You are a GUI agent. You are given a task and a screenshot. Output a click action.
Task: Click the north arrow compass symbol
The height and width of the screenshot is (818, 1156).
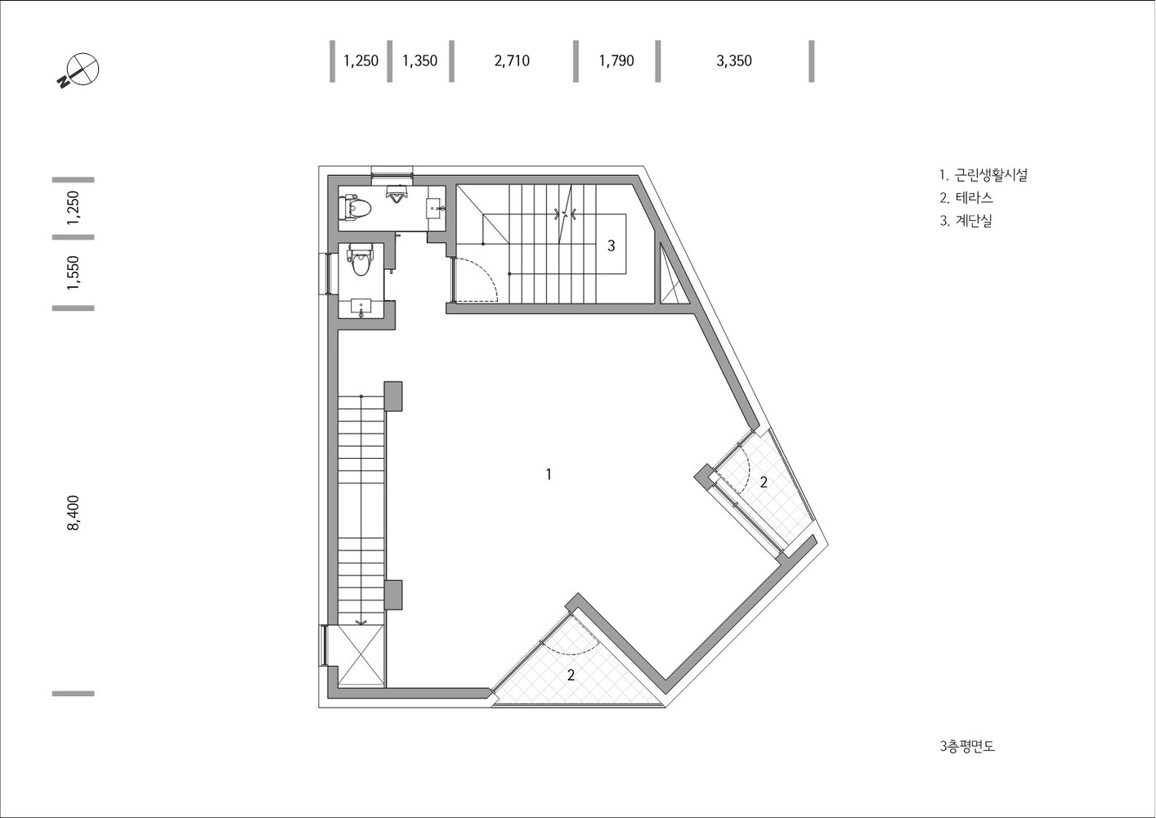coord(79,70)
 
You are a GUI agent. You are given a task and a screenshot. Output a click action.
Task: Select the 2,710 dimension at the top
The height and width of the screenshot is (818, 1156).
coord(512,61)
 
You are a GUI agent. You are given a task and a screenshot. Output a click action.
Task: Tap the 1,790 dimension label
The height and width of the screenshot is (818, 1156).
coord(616,61)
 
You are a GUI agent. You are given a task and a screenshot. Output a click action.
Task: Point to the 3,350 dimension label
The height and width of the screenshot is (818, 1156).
coord(733,61)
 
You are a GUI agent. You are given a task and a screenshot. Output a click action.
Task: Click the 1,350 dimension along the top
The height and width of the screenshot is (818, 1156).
coord(419,61)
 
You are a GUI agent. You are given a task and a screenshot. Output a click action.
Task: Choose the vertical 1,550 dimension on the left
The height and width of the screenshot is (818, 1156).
coord(74,272)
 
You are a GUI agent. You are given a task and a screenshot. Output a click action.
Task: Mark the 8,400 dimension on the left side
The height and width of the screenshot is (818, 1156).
coord(74,513)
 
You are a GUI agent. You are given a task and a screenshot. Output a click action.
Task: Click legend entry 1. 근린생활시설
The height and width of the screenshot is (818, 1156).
coord(983,175)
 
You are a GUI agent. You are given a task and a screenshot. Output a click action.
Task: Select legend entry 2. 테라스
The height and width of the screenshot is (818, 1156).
coord(966,198)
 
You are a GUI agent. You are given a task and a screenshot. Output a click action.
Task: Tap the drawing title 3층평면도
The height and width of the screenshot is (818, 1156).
coord(967,746)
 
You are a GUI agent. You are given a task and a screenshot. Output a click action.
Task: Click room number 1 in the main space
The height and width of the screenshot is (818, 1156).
coord(549,474)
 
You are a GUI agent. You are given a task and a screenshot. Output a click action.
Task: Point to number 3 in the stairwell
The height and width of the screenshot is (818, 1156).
coord(611,245)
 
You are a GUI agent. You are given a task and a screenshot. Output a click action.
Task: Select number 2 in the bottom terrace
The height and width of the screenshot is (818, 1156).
coord(571,675)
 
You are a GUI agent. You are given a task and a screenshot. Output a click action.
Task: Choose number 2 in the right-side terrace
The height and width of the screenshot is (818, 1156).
coord(764,483)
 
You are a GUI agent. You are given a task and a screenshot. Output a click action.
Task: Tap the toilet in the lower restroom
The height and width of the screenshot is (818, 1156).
coord(360,262)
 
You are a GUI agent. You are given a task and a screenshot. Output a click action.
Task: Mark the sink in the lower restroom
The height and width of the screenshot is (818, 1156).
coord(361,306)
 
